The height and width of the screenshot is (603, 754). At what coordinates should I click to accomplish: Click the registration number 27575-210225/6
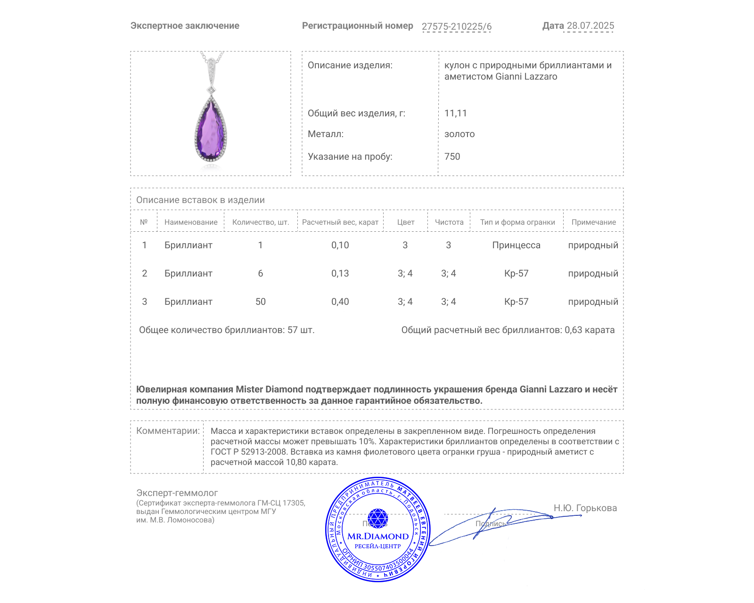point(456,26)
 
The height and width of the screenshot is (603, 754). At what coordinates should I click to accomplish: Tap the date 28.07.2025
point(590,26)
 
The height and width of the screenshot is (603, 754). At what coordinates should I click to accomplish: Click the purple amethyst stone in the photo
point(211,130)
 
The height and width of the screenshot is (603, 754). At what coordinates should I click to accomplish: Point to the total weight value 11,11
point(455,114)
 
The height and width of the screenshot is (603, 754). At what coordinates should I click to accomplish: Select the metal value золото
point(459,134)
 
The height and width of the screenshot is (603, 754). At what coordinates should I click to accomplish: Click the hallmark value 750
point(452,157)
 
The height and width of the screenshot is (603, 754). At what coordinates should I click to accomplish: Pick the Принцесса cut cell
point(516,245)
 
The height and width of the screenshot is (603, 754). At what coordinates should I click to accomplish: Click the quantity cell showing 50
point(260,302)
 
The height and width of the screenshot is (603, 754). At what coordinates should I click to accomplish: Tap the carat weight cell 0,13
point(340,274)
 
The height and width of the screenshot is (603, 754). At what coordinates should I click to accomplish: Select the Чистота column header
point(449,222)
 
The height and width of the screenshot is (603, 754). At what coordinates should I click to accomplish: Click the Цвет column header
point(405,222)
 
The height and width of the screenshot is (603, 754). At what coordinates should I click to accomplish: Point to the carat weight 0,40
point(340,302)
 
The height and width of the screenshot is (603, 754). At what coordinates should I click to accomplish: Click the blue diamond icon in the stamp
point(377,518)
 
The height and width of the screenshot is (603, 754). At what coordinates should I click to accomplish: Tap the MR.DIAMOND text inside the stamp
point(378,536)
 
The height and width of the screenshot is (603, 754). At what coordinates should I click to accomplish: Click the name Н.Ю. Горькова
point(585,508)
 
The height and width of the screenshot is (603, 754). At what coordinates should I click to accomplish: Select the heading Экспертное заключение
point(185,26)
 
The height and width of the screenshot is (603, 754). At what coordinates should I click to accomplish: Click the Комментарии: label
point(168,431)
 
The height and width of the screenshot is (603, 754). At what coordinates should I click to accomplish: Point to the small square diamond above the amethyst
point(212,90)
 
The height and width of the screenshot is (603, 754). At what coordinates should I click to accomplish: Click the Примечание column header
point(593,222)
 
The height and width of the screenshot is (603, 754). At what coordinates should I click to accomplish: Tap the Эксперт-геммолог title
point(177,493)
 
